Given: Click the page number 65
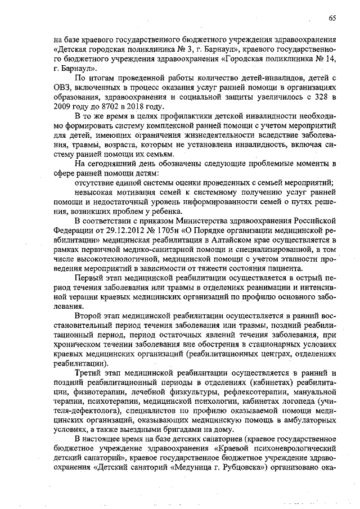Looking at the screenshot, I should (332, 18).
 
